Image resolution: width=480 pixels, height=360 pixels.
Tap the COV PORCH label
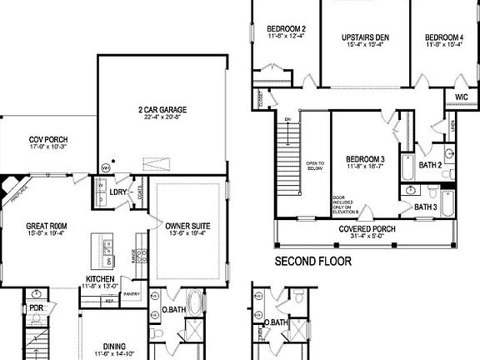[48, 140]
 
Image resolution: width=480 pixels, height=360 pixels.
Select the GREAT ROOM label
[46, 225]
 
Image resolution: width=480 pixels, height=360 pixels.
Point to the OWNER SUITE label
[187, 226]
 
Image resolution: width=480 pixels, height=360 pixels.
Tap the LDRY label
[117, 192]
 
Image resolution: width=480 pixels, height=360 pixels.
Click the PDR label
[37, 306]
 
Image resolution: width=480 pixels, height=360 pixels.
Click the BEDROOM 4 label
[442, 37]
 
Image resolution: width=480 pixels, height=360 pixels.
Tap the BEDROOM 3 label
[366, 159]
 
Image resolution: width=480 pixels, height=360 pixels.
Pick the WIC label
[462, 97]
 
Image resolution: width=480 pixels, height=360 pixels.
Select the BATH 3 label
[426, 207]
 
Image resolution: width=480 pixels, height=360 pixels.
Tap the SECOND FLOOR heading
[312, 261]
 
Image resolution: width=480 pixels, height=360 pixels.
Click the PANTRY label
[131, 294]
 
